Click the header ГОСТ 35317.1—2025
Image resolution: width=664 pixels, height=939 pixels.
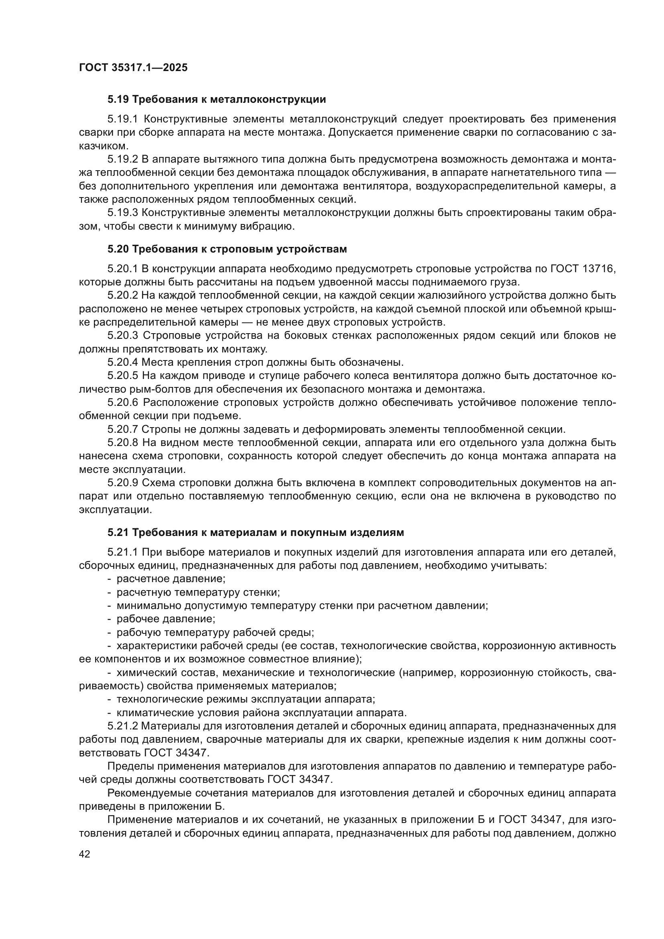point(133,67)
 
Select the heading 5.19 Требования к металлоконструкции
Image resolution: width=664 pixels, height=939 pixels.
point(216,100)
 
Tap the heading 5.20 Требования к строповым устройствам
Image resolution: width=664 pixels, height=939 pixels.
point(227,248)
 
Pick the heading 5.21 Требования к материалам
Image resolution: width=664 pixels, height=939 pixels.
point(256,532)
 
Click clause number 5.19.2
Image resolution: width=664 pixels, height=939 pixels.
point(123,159)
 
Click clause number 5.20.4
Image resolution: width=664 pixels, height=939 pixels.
point(123,363)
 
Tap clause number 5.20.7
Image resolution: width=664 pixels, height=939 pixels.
point(123,430)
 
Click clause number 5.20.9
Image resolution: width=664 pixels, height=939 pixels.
point(123,483)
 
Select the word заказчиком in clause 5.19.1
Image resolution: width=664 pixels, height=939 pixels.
point(104,146)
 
